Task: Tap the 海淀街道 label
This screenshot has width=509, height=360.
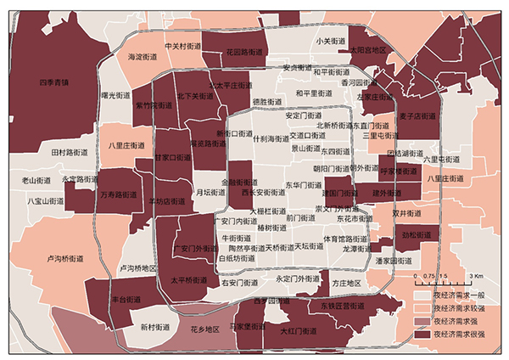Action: [x=143, y=57]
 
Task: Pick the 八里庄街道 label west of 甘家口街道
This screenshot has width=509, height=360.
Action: [x=127, y=145]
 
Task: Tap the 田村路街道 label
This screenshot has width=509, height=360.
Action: [x=70, y=152]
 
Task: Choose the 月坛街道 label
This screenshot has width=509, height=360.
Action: [x=210, y=193]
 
